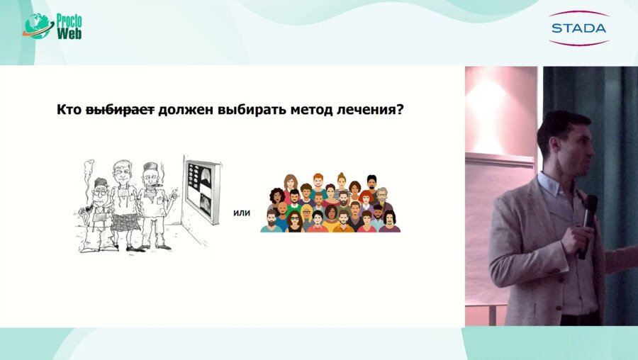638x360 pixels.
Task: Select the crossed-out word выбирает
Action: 120,111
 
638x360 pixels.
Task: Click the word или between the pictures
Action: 242,212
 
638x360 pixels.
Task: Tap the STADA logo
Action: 578,28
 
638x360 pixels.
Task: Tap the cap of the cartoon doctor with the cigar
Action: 147,167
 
